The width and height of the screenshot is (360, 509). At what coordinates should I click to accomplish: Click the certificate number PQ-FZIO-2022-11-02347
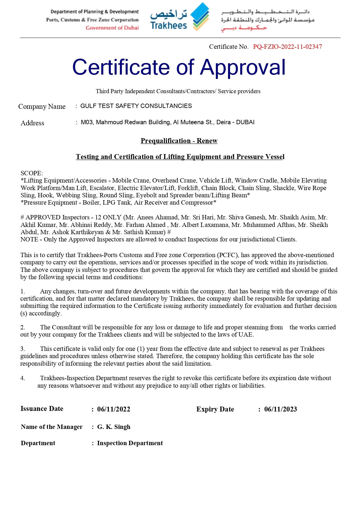pyautogui.click(x=287, y=47)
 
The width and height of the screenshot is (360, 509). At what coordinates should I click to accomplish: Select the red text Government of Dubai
pyautogui.click(x=112, y=28)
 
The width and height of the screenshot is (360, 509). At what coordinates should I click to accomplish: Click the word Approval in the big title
pyautogui.click(x=243, y=67)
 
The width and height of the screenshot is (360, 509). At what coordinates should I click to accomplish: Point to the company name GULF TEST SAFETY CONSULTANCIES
pyautogui.click(x=136, y=106)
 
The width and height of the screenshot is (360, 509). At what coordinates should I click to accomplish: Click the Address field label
pyautogui.click(x=32, y=123)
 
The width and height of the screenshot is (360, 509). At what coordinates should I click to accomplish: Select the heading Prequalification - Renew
pyautogui.click(x=179, y=141)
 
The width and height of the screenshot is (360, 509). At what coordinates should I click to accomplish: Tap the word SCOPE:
pyautogui.click(x=32, y=173)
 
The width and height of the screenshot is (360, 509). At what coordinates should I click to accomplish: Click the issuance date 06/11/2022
pyautogui.click(x=114, y=409)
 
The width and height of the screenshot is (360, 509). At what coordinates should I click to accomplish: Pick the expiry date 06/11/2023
pyautogui.click(x=281, y=409)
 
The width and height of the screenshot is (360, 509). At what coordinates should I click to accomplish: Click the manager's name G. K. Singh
pyautogui.click(x=114, y=427)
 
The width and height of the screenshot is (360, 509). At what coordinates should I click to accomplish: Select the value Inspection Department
pyautogui.click(x=130, y=443)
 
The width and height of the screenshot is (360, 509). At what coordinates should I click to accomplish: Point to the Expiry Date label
pyautogui.click(x=215, y=409)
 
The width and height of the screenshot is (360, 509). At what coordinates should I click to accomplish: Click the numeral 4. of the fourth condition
pyautogui.click(x=23, y=378)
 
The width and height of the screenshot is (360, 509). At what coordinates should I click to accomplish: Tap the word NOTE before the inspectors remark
pyautogui.click(x=29, y=239)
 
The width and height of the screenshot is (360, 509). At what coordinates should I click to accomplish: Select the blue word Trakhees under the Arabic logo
pyautogui.click(x=169, y=26)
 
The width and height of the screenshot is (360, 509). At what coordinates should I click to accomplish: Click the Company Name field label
pyautogui.click(x=42, y=107)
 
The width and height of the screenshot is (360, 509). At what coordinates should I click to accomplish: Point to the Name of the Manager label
pyautogui.click(x=52, y=427)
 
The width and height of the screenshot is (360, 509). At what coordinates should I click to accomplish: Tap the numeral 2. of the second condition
pyautogui.click(x=23, y=327)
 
